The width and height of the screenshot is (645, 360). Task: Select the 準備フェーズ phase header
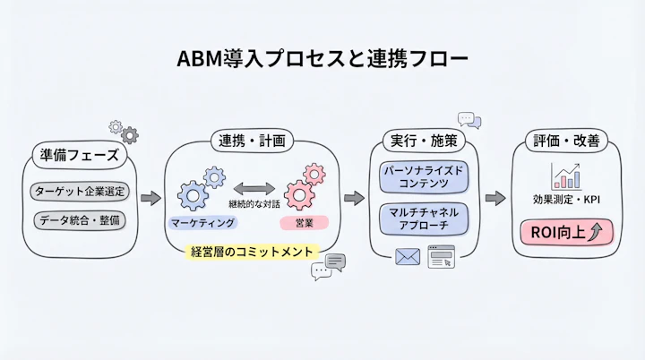[79, 155]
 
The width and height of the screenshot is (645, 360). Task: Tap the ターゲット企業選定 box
[80, 191]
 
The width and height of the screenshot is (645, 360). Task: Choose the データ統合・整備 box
[80, 219]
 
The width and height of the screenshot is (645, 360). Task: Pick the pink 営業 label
[305, 221]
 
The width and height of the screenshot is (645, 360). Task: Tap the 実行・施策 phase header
[422, 141]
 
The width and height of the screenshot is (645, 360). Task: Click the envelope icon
[408, 257]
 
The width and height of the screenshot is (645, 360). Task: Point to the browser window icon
[441, 257]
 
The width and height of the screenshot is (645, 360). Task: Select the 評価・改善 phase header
[567, 141]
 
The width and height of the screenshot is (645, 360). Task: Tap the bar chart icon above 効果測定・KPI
[565, 176]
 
